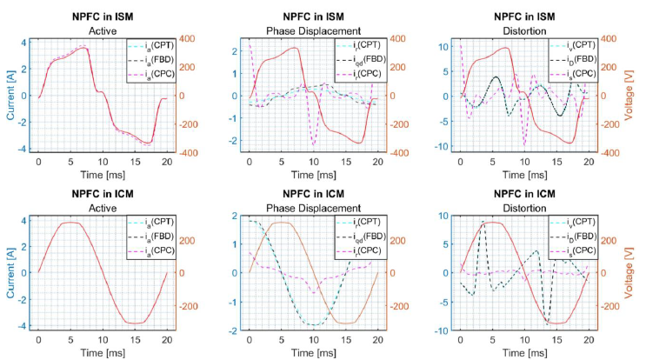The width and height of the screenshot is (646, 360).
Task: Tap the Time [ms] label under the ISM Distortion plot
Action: click(x=525, y=176)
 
